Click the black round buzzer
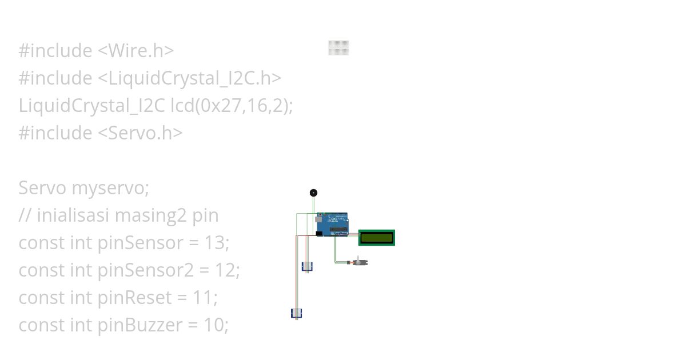pos(313,193)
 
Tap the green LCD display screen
pos(377,237)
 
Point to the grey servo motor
pos(360,262)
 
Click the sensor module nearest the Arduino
pos(307,266)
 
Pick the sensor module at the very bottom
pos(296,313)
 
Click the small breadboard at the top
pos(338,48)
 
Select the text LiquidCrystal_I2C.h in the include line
pos(190,78)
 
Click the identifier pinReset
pos(135,298)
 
